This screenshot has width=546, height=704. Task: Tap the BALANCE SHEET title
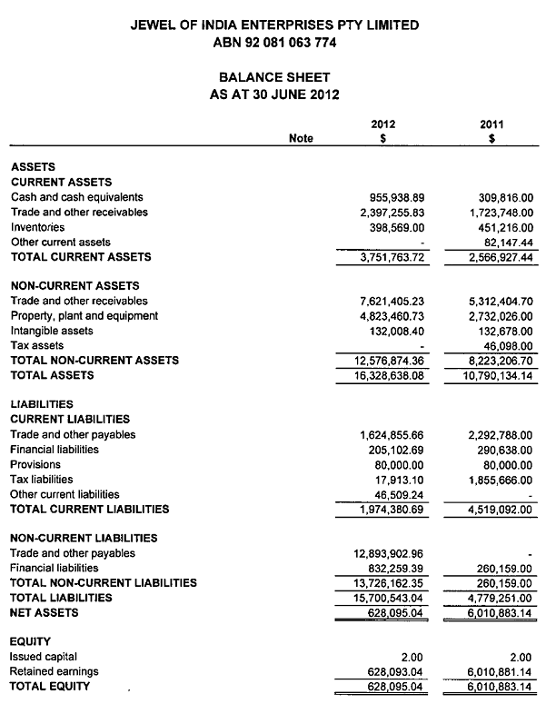coord(274,78)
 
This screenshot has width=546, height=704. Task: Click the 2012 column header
coord(382,124)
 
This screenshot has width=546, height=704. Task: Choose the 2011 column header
coord(491,124)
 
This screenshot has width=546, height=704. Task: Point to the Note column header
coord(301,139)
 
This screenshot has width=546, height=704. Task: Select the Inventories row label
coord(37,227)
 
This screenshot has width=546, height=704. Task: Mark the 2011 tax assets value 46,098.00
coord(505,346)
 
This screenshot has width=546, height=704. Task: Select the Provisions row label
coord(36,464)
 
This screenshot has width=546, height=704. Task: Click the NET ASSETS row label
coord(44,612)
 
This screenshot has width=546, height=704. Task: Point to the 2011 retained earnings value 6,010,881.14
coord(495,671)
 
